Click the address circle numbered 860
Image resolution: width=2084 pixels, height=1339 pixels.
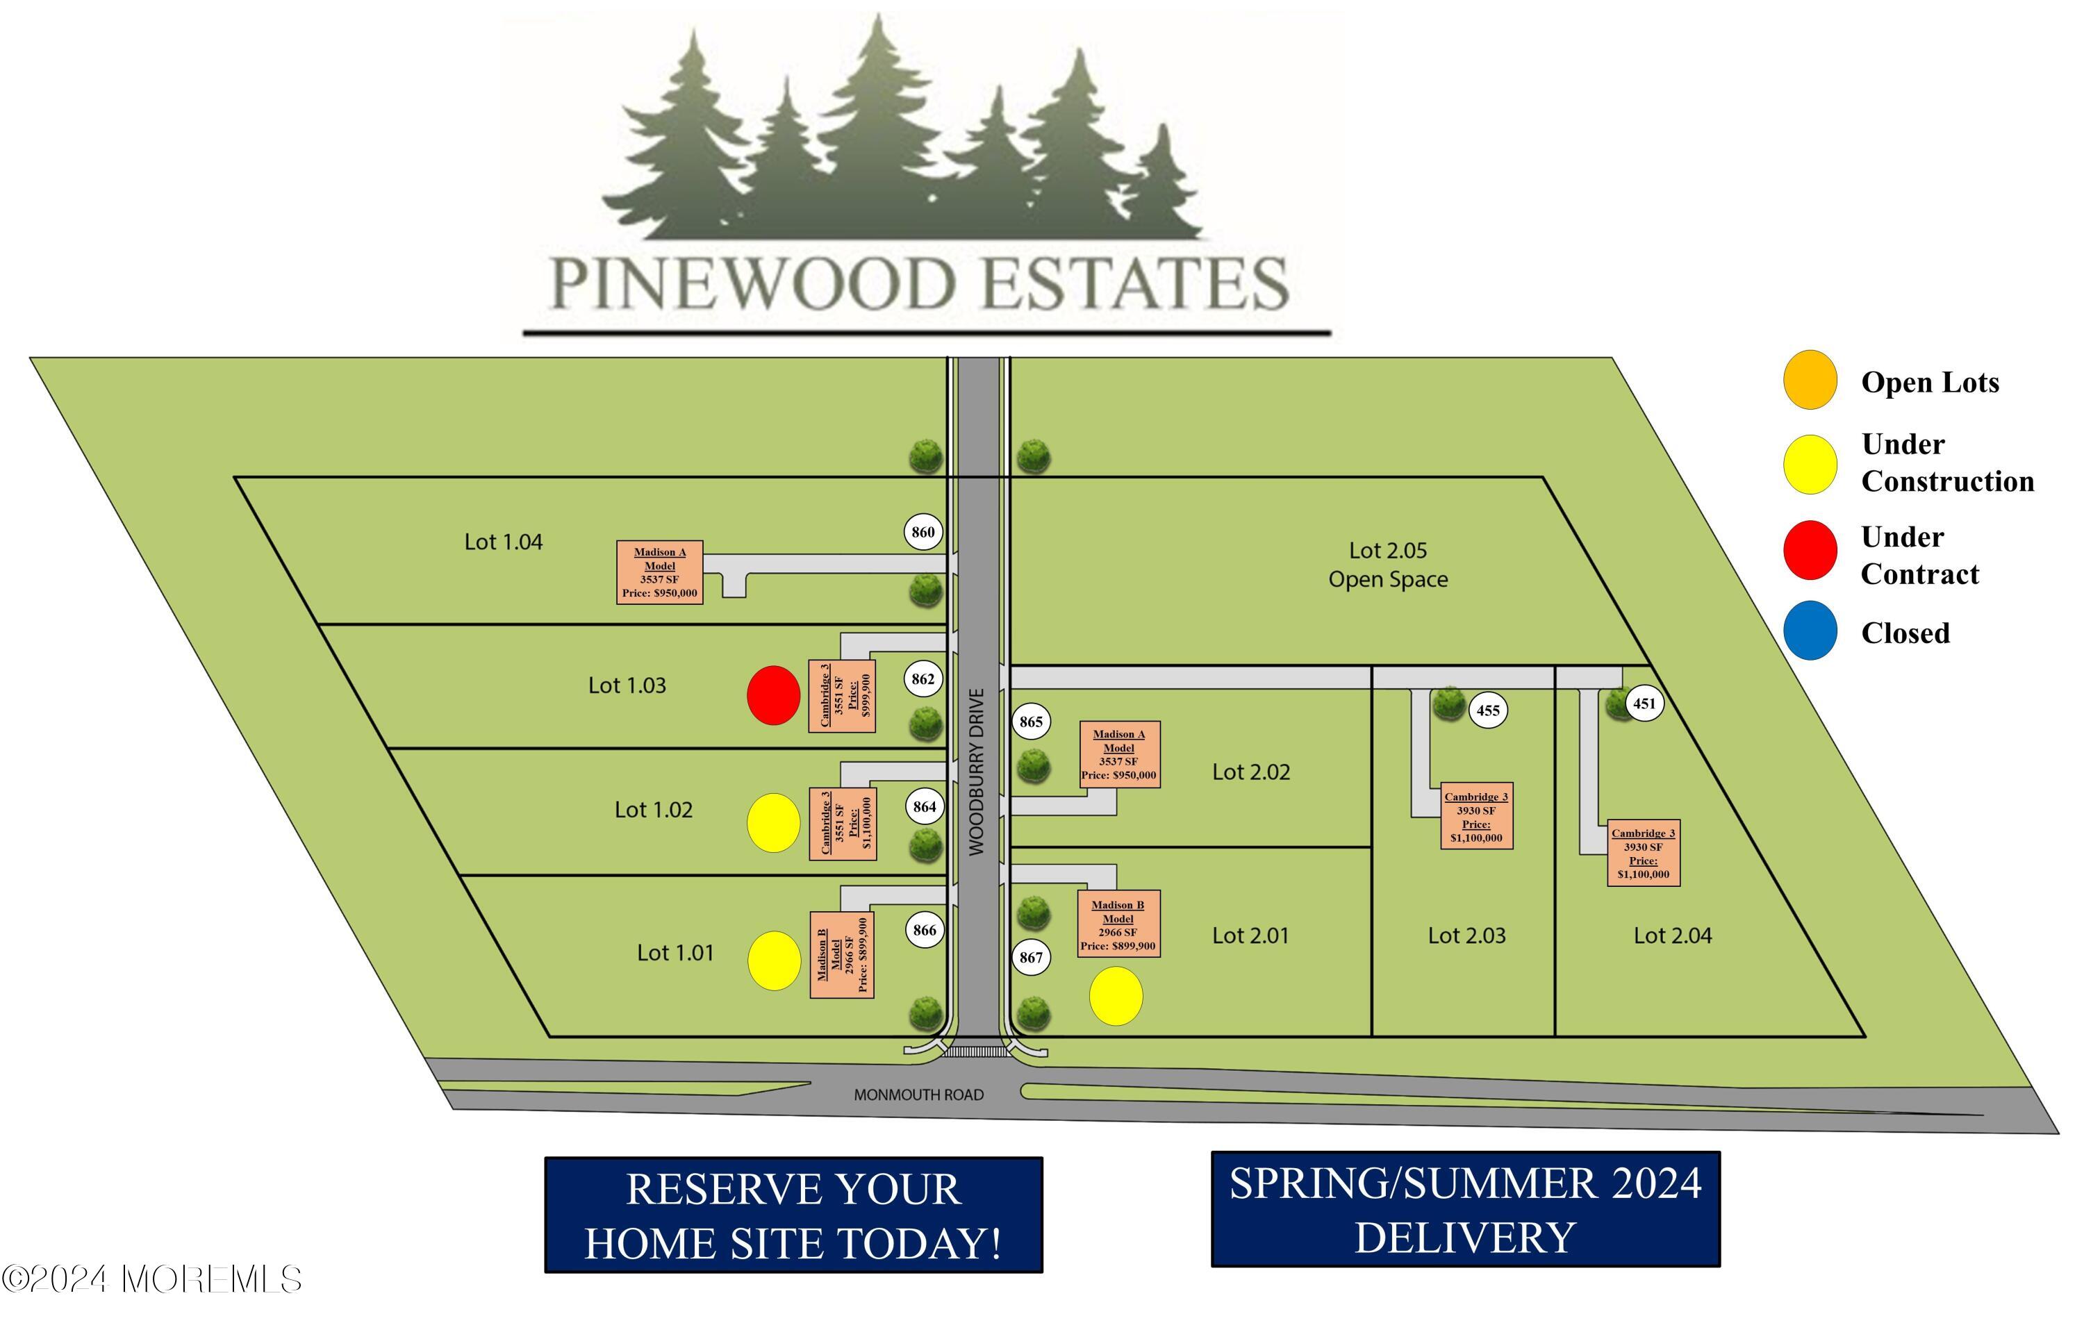tap(923, 532)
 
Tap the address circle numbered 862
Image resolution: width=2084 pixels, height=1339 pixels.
tap(923, 679)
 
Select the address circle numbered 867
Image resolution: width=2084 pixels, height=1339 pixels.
tap(1031, 957)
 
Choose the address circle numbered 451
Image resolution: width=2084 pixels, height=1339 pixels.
tap(1644, 704)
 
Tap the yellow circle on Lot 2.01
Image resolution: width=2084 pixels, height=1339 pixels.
tap(1116, 997)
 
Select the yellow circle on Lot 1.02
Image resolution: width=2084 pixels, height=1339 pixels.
tap(774, 822)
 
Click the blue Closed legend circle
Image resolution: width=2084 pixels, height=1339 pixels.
tap(1810, 631)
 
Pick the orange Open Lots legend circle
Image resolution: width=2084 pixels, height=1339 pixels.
tap(1810, 380)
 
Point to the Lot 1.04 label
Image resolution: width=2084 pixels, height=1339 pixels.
tap(504, 542)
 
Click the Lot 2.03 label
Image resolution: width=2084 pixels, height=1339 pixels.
tap(1466, 935)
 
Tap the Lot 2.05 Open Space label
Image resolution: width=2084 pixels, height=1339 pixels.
tap(1389, 565)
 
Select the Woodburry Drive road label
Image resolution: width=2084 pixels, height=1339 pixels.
tap(977, 772)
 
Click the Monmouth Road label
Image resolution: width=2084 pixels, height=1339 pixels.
tap(919, 1095)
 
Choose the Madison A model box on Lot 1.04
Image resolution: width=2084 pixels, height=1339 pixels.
tap(660, 572)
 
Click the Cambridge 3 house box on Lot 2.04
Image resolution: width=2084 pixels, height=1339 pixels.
tap(1643, 853)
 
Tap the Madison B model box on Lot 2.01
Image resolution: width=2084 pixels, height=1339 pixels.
tap(1118, 924)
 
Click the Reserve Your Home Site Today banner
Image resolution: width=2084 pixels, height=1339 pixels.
tap(794, 1215)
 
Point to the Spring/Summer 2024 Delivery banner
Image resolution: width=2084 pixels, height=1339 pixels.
tap(1466, 1209)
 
